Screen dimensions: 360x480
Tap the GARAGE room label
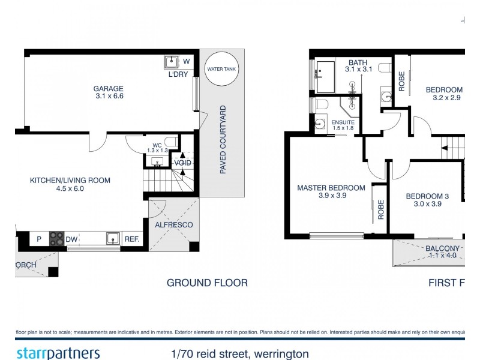109,89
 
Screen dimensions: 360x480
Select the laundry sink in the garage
171,61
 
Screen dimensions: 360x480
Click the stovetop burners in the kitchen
56,239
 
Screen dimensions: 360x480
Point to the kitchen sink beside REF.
113,239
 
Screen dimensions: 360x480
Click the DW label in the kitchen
71,239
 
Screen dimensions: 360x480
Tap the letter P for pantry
38,239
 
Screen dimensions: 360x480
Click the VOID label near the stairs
182,163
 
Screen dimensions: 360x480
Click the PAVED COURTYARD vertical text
223,140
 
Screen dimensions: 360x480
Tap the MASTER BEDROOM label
331,188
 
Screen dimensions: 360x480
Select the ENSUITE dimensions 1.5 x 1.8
343,128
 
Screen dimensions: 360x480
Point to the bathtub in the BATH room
328,76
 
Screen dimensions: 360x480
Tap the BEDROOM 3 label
427,196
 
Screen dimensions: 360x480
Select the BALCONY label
443,248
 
